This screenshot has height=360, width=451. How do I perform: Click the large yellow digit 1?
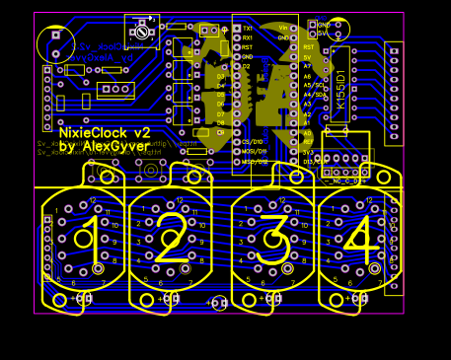click(89, 237)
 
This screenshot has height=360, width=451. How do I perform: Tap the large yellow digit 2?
click(170, 241)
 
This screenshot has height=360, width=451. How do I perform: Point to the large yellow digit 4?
click(360, 237)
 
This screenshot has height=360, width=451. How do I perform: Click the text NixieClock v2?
click(105, 132)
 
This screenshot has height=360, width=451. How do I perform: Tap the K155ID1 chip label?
click(341, 89)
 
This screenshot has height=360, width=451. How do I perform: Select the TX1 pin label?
click(247, 28)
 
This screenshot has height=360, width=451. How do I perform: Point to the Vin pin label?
click(284, 28)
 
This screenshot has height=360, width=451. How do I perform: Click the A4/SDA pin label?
click(316, 95)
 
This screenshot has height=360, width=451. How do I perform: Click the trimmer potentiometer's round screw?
click(144, 33)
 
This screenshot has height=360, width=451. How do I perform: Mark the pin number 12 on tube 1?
click(93, 200)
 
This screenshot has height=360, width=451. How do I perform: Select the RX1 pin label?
click(247, 37)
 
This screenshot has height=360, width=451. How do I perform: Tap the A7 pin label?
click(307, 66)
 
